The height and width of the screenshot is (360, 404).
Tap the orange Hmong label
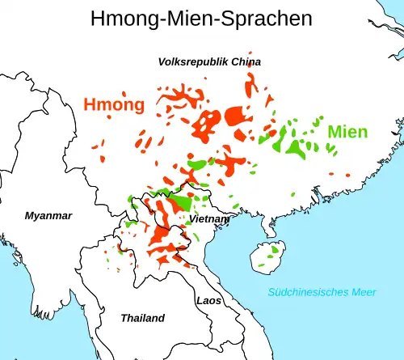(x=114, y=104)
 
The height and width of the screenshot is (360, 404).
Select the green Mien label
(x=347, y=132)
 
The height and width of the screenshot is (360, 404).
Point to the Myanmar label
(x=48, y=216)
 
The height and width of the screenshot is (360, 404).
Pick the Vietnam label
(x=208, y=219)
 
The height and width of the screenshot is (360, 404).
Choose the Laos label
(x=208, y=300)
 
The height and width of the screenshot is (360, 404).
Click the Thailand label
(x=142, y=318)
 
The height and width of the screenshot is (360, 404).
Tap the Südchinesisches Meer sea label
(x=323, y=292)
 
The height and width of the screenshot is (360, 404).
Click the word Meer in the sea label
(x=364, y=292)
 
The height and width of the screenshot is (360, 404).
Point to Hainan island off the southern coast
(x=266, y=257)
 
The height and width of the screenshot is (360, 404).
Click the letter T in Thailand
(x=124, y=318)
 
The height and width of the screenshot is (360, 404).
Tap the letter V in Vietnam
(x=191, y=219)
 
